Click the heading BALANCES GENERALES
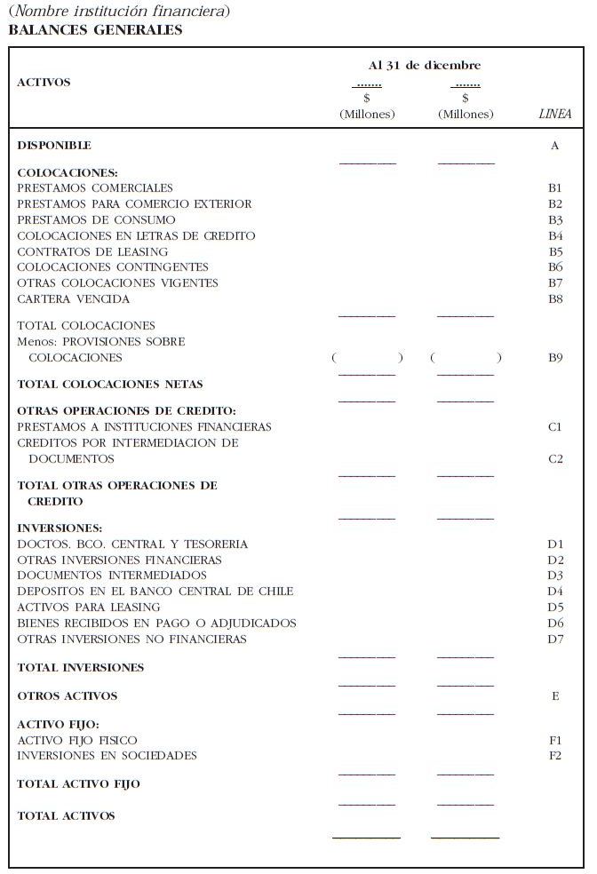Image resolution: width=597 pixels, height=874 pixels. click(95, 29)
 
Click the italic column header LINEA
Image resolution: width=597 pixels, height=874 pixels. click(554, 115)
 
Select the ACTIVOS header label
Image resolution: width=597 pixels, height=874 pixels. click(44, 83)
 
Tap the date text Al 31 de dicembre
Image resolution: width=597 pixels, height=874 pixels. click(425, 66)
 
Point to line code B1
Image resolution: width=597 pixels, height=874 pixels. click(555, 188)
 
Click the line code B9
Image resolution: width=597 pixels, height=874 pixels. click(555, 358)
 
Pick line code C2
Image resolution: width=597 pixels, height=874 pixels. click(555, 459)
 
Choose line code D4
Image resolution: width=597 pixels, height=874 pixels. click(555, 592)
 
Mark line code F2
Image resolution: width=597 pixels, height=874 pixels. click(555, 756)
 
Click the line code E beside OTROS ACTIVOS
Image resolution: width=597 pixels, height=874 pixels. click(555, 696)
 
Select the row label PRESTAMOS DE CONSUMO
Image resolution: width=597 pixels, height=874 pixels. click(96, 220)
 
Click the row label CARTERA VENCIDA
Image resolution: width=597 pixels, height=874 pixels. click(73, 299)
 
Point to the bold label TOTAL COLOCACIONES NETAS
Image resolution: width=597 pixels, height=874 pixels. click(110, 385)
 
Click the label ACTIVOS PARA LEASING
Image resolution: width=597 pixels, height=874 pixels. click(89, 608)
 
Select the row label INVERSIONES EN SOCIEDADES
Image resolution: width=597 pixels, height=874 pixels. click(107, 756)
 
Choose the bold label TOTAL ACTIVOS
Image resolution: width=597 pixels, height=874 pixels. click(66, 816)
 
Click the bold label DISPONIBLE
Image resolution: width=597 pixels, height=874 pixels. click(54, 146)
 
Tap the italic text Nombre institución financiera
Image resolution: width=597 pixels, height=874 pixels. click(118, 12)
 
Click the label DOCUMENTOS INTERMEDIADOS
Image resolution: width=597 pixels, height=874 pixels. click(99, 576)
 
